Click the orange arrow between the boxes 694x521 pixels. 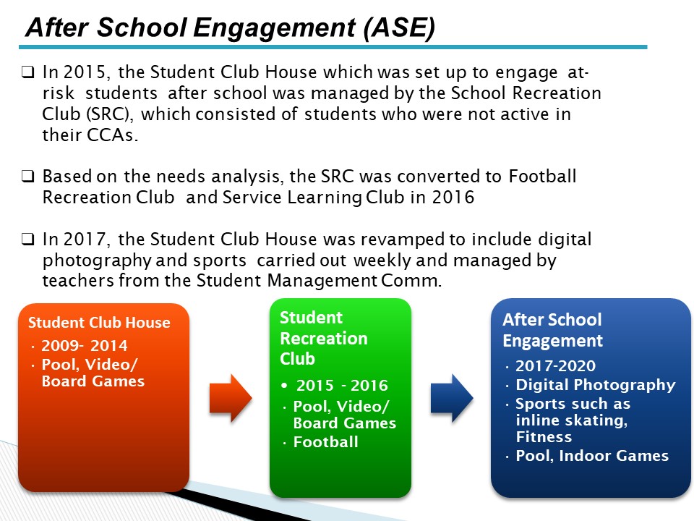pyautogui.click(x=231, y=398)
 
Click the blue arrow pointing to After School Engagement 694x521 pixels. pyautogui.click(x=452, y=398)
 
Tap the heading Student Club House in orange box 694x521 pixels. pyautogui.click(x=99, y=323)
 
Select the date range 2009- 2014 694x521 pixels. pyautogui.click(x=85, y=346)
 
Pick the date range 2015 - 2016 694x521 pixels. pyautogui.click(x=342, y=386)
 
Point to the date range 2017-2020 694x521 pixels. pyautogui.click(x=555, y=366)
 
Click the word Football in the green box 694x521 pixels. pyautogui.click(x=326, y=442)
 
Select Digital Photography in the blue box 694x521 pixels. pyautogui.click(x=596, y=385)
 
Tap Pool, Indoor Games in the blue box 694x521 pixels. pyautogui.click(x=592, y=456)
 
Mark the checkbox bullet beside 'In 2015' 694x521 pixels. pyautogui.click(x=27, y=72)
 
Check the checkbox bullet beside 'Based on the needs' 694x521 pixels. pyautogui.click(x=27, y=177)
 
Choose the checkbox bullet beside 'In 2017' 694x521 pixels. pyautogui.click(x=27, y=240)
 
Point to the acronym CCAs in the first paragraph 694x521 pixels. pyautogui.click(x=113, y=135)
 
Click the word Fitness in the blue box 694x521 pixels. pyautogui.click(x=544, y=437)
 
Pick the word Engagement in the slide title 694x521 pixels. pyautogui.click(x=275, y=28)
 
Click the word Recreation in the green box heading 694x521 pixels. pyautogui.click(x=324, y=339)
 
